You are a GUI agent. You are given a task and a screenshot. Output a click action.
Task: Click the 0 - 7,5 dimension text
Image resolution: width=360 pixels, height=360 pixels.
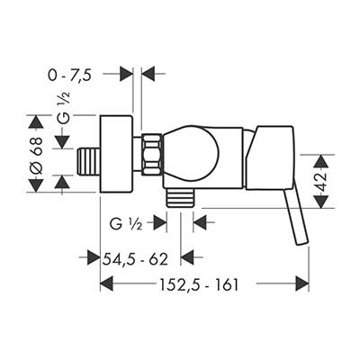69,75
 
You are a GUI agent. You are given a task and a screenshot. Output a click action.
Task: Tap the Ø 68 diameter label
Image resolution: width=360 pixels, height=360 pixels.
36,154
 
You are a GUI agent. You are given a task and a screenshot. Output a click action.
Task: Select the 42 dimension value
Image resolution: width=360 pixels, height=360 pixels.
321,181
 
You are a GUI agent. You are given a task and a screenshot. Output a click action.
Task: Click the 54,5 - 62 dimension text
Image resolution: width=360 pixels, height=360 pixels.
135,259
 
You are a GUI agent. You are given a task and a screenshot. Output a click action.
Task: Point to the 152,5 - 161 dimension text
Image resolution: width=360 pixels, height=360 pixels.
199,284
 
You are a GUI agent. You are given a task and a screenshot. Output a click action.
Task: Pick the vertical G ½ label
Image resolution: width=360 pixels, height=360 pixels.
63,109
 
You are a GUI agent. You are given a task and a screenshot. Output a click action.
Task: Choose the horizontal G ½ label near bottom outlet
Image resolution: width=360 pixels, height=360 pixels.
126,224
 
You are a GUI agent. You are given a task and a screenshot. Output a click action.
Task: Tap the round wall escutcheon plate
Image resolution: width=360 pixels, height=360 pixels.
116,154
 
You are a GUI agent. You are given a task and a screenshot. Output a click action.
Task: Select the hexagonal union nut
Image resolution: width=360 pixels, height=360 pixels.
152,155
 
